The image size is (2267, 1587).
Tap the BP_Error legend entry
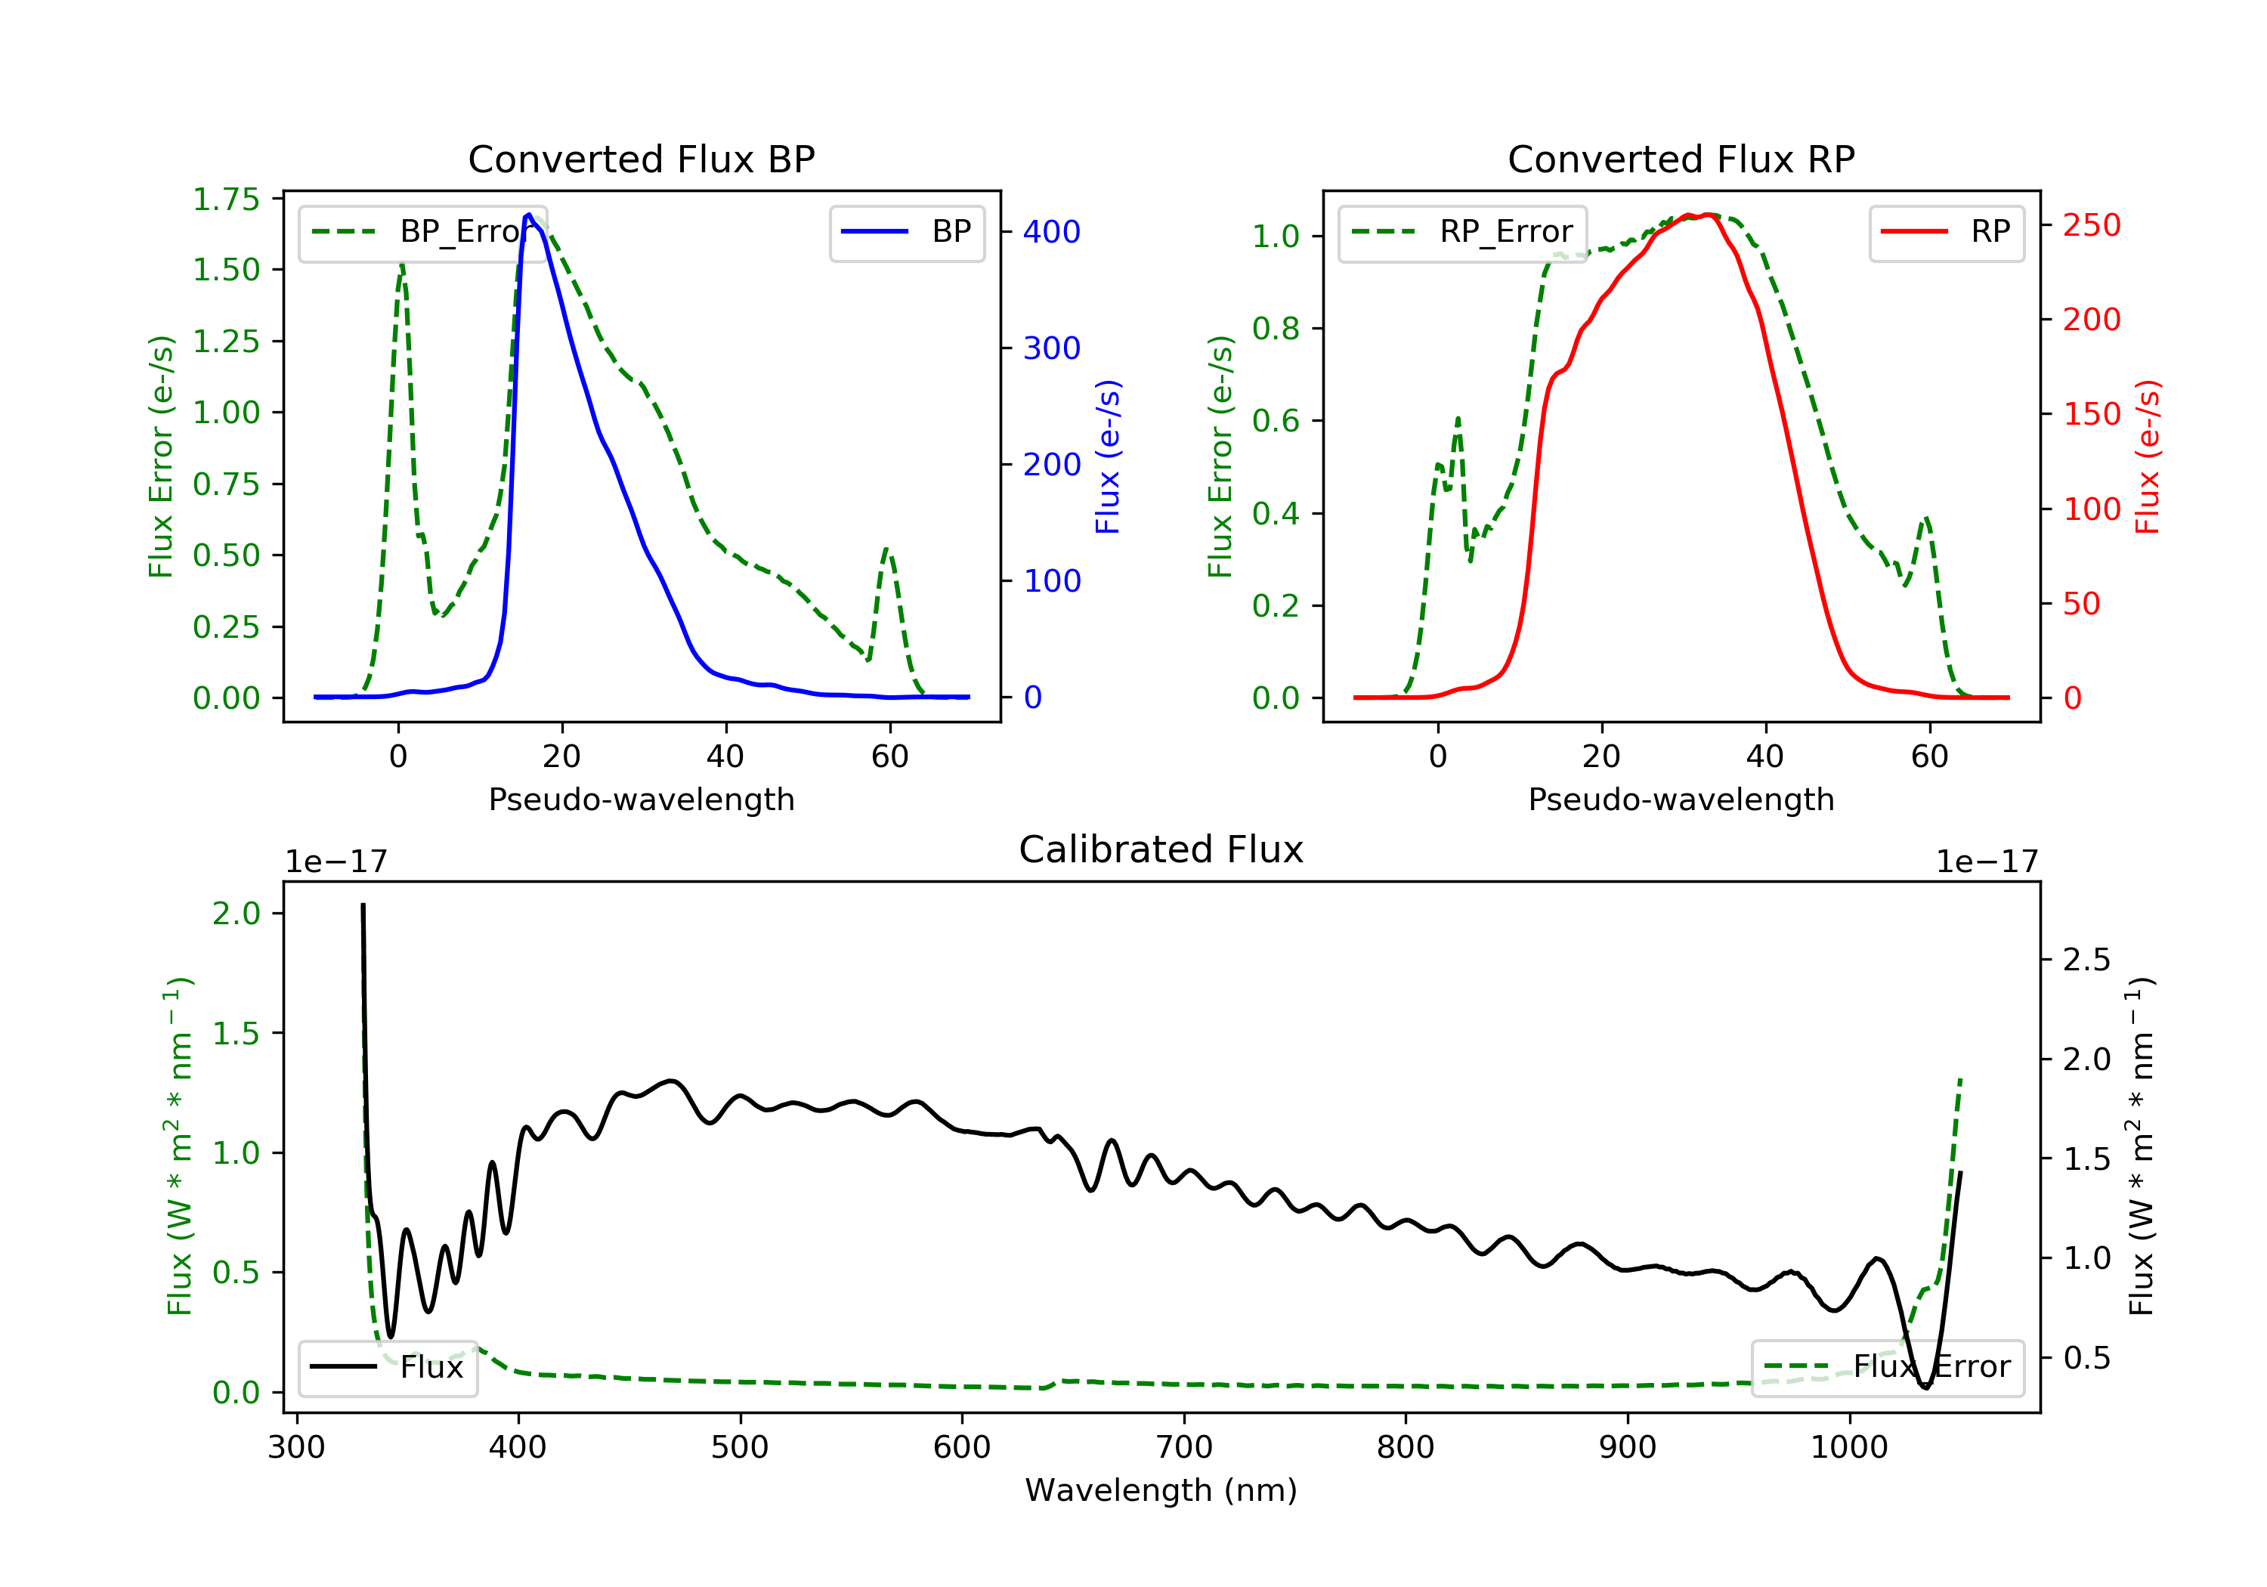pyautogui.click(x=422, y=233)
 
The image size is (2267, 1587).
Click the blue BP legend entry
pyautogui.click(x=906, y=233)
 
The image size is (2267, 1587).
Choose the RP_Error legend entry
pyautogui.click(x=1462, y=233)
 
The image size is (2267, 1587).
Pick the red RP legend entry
pyautogui.click(x=1946, y=233)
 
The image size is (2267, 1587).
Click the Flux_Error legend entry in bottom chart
pyautogui.click(x=1887, y=1368)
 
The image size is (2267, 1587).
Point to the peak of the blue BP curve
pyautogui.click(x=529, y=215)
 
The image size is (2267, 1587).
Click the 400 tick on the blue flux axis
pyautogui.click(x=1052, y=233)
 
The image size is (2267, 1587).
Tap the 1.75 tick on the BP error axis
pyautogui.click(x=226, y=200)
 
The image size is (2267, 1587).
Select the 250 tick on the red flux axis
pyautogui.click(x=2091, y=226)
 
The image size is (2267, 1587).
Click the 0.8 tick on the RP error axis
pyautogui.click(x=1276, y=329)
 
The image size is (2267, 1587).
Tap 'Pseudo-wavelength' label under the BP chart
pyautogui.click(x=641, y=800)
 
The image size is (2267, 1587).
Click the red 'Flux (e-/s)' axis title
pyautogui.click(x=2148, y=457)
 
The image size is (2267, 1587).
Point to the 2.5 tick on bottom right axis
pyautogui.click(x=2086, y=960)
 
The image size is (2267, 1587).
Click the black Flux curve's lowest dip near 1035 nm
pyautogui.click(x=1925, y=1387)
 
